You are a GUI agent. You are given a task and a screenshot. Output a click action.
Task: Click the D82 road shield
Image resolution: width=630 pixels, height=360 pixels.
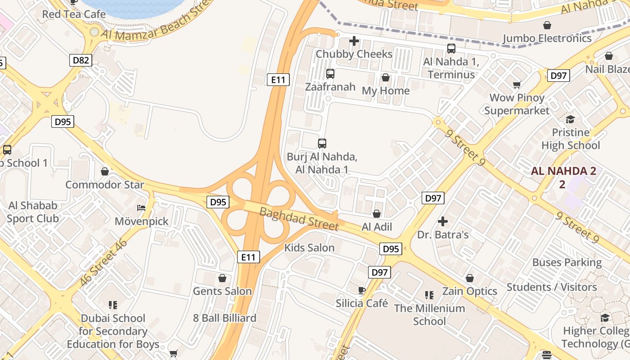pos(81,60)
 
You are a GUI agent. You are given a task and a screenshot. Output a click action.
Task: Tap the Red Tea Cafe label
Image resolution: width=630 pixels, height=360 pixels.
pos(74,14)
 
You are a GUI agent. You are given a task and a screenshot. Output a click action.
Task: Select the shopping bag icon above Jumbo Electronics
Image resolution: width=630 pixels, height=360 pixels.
pos(547,25)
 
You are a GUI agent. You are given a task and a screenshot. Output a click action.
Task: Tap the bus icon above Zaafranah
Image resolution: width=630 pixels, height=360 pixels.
pos(330,74)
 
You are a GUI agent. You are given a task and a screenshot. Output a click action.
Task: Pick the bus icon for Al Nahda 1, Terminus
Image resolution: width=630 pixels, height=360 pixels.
pos(451,49)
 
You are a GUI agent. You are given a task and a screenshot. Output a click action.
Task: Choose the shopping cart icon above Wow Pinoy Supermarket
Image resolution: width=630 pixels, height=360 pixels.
pos(517,85)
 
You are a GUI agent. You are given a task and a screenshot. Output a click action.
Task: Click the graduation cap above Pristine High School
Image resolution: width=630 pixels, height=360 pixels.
pos(571,119)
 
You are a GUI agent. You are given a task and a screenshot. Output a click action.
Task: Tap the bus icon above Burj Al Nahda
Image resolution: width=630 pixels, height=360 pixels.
pos(322,144)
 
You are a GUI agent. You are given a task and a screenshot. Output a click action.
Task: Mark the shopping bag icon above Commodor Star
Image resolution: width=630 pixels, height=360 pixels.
pos(105,171)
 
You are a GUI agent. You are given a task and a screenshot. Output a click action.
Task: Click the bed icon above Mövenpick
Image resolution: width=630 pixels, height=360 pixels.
pos(141,208)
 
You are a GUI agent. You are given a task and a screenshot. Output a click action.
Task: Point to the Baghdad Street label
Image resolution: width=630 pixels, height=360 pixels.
pos(298,218)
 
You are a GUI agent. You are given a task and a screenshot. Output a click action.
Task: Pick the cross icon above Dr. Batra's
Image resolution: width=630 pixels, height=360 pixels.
pos(443,221)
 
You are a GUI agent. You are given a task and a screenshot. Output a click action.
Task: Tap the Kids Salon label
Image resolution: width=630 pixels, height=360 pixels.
pos(309,247)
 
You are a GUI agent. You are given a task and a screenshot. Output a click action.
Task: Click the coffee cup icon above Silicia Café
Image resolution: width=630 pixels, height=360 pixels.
pos(361,290)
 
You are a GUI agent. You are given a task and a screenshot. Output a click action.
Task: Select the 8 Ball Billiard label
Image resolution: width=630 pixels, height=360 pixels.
pos(225,318)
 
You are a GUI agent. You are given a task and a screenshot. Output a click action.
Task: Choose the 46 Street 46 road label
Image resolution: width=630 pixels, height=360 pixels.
pos(103,263)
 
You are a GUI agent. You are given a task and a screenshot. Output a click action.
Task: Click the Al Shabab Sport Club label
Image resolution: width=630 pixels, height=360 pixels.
pos(33,212)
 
